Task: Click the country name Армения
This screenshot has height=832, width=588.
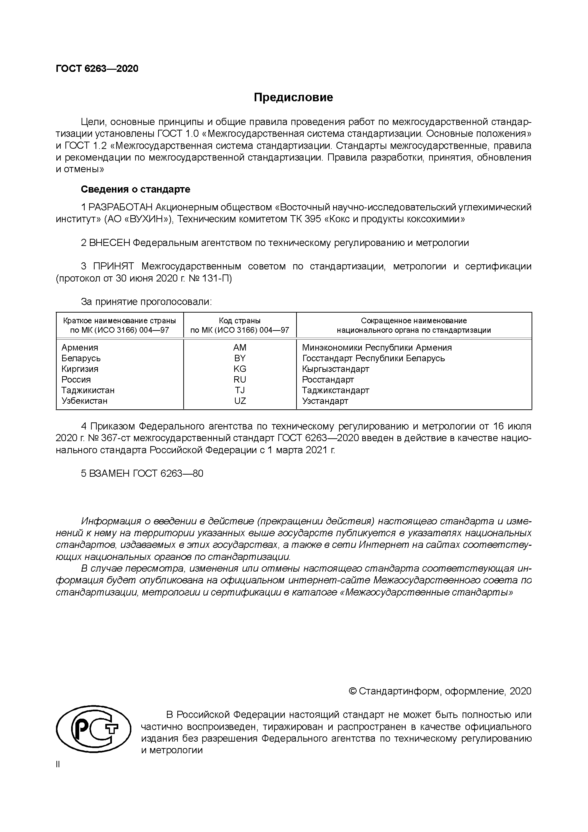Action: point(80,347)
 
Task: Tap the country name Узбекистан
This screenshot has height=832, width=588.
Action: point(84,401)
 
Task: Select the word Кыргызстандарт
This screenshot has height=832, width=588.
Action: point(335,369)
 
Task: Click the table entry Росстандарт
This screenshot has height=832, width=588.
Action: point(328,379)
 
